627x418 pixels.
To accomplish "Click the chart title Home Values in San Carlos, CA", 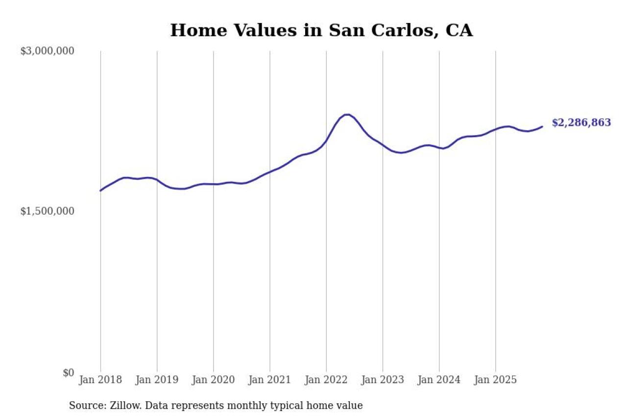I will tap(321, 30).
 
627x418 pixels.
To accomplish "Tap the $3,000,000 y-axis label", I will tap(47, 51).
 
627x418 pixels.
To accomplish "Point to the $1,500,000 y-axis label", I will tap(47, 211).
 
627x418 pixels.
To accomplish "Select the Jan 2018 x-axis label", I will tap(100, 380).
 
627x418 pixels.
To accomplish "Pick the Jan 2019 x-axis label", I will tap(157, 380).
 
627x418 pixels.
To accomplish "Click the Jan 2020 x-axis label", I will tap(213, 380).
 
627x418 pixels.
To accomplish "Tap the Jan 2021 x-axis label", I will tap(269, 380).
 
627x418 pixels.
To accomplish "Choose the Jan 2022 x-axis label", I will tap(326, 380).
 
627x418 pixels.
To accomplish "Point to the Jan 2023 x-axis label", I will tap(383, 380).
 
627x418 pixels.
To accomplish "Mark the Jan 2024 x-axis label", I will tap(439, 380).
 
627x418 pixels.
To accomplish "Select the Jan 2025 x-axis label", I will tap(495, 380).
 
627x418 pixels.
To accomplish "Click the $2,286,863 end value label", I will tap(581, 123).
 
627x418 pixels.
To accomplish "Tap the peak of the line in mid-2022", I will tap(347, 115).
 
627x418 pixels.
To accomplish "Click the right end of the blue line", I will tap(542, 126).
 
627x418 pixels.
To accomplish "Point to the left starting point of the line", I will tap(100, 191).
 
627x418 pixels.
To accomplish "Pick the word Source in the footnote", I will tap(84, 406).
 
